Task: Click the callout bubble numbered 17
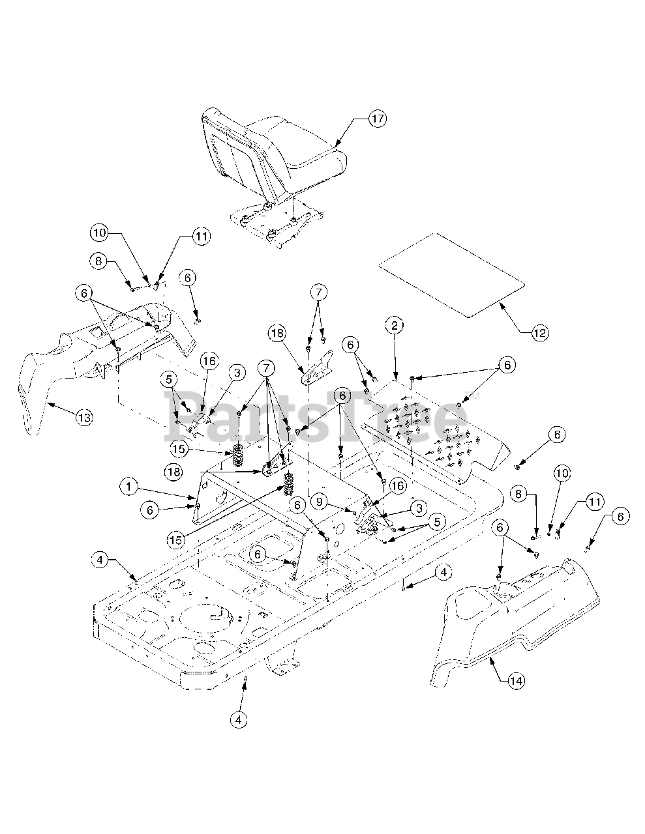coord(377,119)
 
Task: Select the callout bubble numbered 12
coord(539,333)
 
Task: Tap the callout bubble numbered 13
coord(83,418)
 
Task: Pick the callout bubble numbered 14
coord(516,681)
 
